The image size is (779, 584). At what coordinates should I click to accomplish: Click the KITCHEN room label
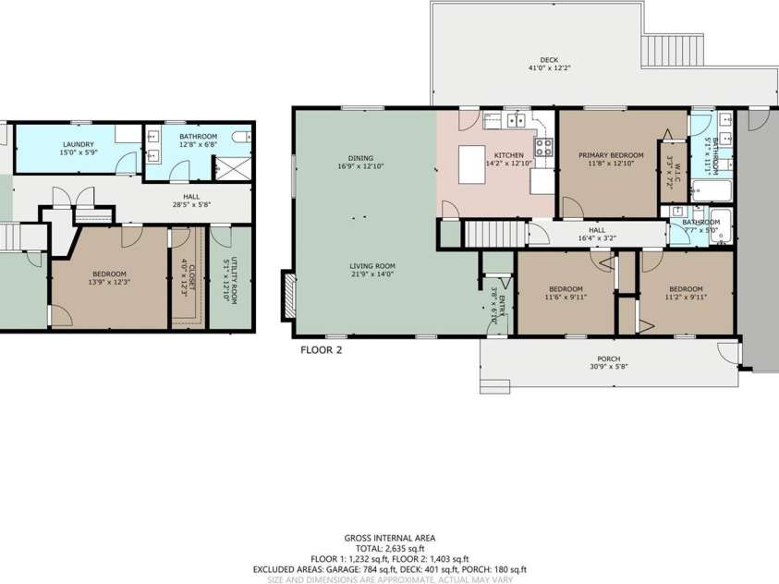509,155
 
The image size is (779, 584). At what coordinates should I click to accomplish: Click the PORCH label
608,359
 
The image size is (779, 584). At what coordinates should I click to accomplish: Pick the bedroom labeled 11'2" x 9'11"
686,293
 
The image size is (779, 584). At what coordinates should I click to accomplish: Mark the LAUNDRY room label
78,144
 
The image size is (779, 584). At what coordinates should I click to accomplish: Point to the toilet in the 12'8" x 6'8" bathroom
242,138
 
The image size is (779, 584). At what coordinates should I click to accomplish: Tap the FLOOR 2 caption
322,350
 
